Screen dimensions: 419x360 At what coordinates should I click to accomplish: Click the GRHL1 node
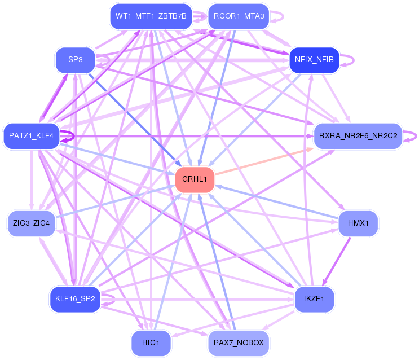tap(195, 179)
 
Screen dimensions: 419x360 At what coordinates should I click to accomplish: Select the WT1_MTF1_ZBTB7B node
tap(151, 16)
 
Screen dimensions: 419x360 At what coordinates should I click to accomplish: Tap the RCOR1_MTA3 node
tap(239, 16)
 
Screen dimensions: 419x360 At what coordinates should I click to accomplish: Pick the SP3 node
tap(76, 60)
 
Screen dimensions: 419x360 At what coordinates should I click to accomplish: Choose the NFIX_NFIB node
tap(314, 60)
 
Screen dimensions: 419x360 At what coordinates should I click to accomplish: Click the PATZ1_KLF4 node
tap(31, 136)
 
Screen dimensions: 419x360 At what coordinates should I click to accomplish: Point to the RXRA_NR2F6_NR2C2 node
tap(358, 136)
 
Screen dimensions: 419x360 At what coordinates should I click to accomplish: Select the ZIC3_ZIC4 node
tap(31, 223)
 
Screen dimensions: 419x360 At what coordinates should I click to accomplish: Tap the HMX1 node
tap(358, 223)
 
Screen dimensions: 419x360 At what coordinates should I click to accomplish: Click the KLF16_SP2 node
tap(75, 299)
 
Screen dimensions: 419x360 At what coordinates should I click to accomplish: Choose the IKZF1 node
tap(314, 299)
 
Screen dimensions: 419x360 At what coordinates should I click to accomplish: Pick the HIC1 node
tap(151, 343)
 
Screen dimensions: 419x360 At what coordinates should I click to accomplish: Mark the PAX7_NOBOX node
tap(239, 343)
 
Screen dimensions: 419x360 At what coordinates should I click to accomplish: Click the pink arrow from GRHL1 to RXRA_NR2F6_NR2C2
tap(264, 161)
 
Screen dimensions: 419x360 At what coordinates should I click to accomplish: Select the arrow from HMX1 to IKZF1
tap(336, 261)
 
